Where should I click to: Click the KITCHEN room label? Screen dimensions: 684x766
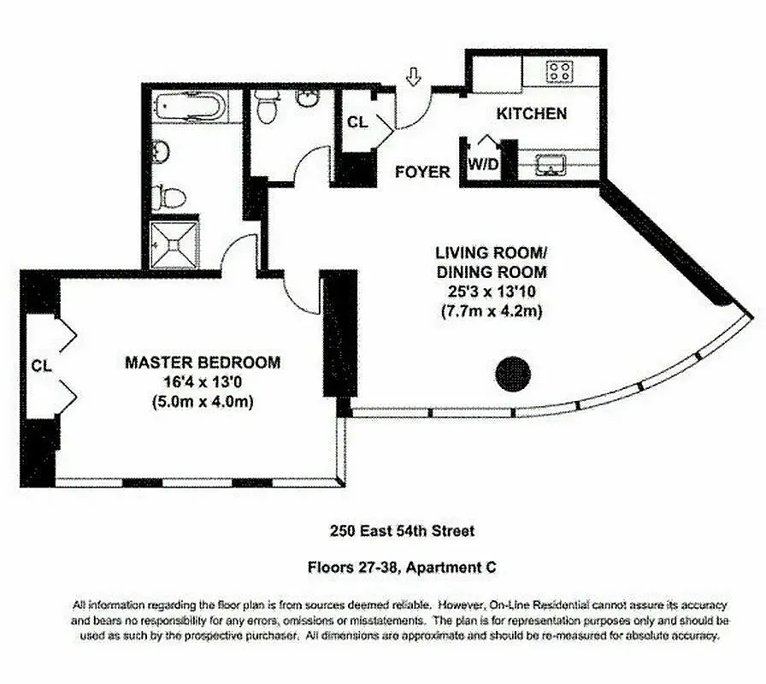pyautogui.click(x=532, y=113)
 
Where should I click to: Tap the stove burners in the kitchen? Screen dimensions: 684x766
pyautogui.click(x=560, y=70)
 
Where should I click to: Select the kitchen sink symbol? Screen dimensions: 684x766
pyautogui.click(x=547, y=164)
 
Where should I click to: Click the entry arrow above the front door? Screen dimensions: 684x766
pyautogui.click(x=414, y=78)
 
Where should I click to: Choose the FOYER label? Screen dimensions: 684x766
pyautogui.click(x=422, y=172)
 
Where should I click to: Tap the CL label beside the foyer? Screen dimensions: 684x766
pyautogui.click(x=357, y=122)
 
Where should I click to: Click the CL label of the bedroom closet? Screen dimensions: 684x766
pyautogui.click(x=41, y=365)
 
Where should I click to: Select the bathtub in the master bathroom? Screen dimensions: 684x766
pyautogui.click(x=191, y=109)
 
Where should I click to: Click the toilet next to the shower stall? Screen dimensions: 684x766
pyautogui.click(x=171, y=198)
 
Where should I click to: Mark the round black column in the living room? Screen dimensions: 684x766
pyautogui.click(x=514, y=373)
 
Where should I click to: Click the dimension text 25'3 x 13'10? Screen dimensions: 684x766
pyautogui.click(x=491, y=292)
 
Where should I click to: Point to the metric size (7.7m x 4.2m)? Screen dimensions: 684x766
pyautogui.click(x=491, y=311)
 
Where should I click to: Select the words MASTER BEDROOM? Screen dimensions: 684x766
pyautogui.click(x=203, y=363)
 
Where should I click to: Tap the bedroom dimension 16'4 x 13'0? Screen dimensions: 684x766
pyautogui.click(x=203, y=382)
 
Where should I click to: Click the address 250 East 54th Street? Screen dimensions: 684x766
pyautogui.click(x=402, y=531)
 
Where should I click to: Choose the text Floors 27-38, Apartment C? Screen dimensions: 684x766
pyautogui.click(x=402, y=566)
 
